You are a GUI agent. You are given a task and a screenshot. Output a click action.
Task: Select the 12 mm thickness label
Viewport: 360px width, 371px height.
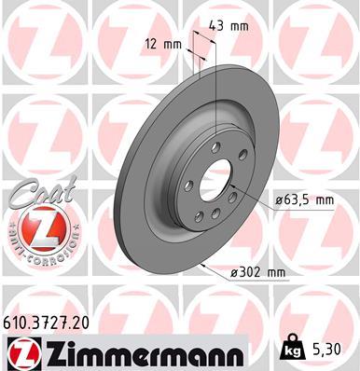coord(164,43)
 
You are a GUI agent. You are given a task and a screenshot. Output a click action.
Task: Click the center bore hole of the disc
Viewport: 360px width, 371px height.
coord(218,181)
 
